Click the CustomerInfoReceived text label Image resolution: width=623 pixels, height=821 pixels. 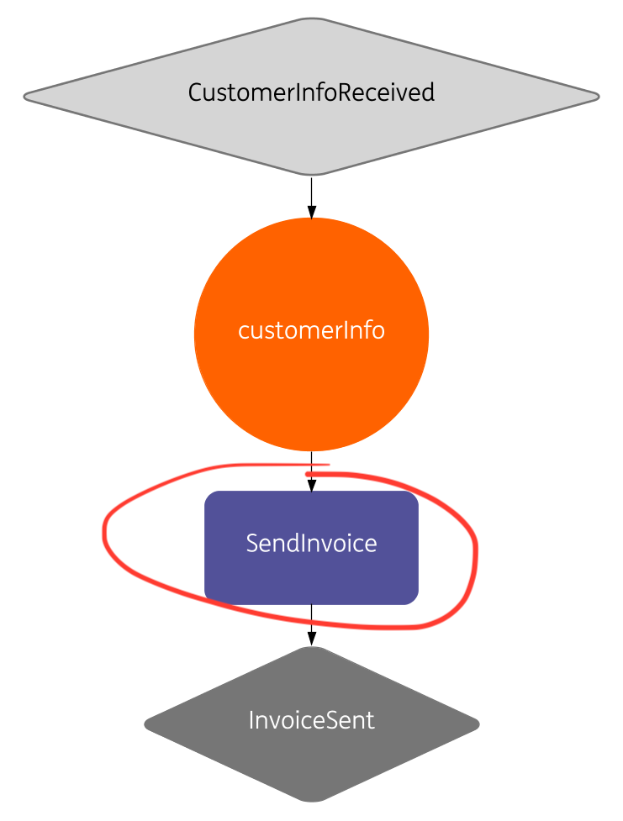tap(311, 92)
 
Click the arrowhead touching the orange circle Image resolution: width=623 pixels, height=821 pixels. tap(311, 212)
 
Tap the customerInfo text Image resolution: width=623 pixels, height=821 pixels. tap(311, 330)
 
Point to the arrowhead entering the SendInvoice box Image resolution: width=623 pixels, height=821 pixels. tap(311, 485)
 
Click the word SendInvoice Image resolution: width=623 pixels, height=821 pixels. tap(311, 544)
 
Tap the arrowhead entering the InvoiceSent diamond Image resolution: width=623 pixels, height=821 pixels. tap(311, 639)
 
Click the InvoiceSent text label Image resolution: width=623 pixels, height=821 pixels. tap(311, 720)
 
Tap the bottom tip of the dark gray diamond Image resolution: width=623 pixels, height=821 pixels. tap(311, 799)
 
